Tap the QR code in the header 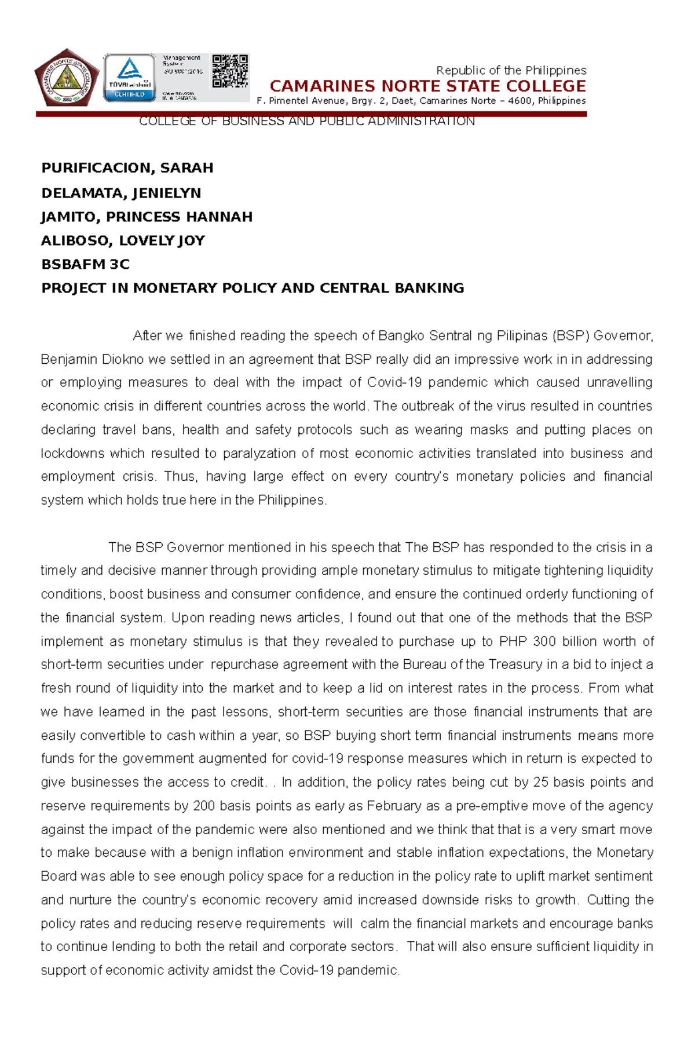(230, 71)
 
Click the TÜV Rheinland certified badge (130, 78)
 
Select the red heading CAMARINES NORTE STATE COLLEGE (427, 86)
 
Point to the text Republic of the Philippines (511, 70)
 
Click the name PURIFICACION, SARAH (127, 168)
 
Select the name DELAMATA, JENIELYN (121, 193)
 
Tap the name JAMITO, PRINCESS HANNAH (147, 217)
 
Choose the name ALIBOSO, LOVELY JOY (123, 240)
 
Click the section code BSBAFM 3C (85, 264)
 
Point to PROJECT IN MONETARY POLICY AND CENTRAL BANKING (253, 288)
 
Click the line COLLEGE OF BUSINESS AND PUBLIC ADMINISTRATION (306, 121)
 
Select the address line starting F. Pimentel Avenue (421, 101)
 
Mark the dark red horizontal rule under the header (312, 114)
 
